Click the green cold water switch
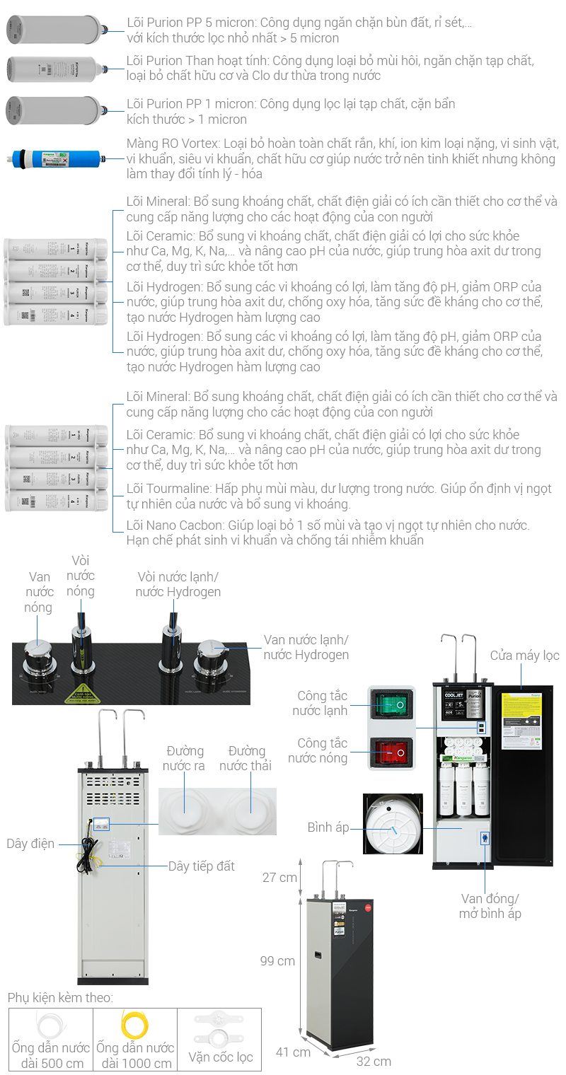(x=391, y=706)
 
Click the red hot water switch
(x=391, y=751)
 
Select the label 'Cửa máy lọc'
(x=524, y=656)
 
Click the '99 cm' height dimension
(x=277, y=961)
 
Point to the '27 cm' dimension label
(x=279, y=878)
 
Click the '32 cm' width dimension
(x=374, y=1061)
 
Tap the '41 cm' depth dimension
(x=292, y=1052)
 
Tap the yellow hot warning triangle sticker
(x=82, y=692)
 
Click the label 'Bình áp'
(x=328, y=827)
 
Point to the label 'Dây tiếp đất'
(x=201, y=866)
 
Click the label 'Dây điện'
(x=30, y=844)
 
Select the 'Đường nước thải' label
(x=247, y=758)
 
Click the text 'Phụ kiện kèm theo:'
(x=60, y=998)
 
